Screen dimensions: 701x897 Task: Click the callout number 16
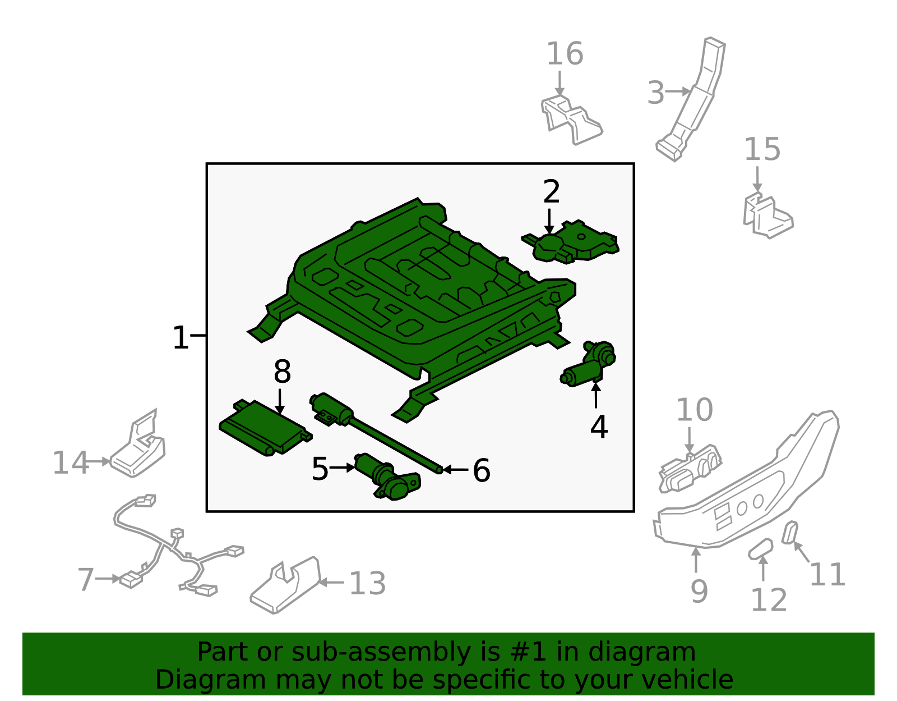tap(565, 54)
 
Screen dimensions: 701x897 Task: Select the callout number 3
tap(655, 93)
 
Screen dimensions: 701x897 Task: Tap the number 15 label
tap(762, 150)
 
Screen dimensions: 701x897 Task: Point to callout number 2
tap(551, 192)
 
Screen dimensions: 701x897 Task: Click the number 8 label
tap(282, 372)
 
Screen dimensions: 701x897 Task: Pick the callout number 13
tap(367, 584)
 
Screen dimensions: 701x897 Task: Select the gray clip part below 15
tap(767, 216)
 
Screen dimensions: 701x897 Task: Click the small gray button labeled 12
tap(760, 548)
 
